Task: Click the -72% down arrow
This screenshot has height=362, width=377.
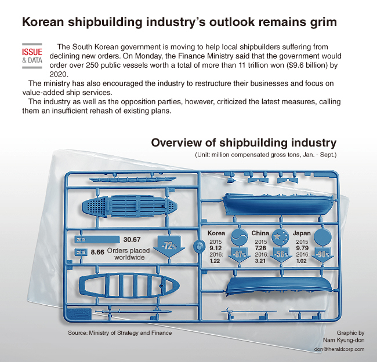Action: [169, 247]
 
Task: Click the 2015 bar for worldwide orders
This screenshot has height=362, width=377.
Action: [97, 239]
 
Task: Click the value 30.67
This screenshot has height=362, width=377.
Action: [132, 240]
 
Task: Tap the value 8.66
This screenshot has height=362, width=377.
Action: [97, 253]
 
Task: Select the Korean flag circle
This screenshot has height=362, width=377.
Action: [239, 237]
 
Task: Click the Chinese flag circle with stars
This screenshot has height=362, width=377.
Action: [280, 237]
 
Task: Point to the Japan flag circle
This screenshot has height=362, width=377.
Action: [322, 237]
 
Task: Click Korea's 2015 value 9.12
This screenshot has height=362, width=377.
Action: [215, 248]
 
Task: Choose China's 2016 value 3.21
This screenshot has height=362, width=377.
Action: [260, 261]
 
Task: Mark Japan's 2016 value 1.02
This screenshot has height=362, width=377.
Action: [301, 261]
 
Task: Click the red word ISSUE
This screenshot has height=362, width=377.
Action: [32, 52]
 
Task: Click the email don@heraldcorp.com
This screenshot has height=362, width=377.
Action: [339, 349]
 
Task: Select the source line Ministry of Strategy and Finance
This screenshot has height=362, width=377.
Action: [130, 332]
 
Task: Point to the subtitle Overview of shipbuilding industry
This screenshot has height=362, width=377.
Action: [244, 143]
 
